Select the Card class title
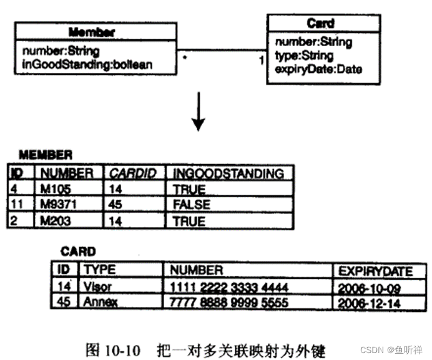click(320, 24)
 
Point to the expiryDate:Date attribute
click(318, 69)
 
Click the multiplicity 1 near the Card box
click(261, 61)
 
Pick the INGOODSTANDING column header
click(228, 173)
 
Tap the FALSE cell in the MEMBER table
click(192, 205)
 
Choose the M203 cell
click(55, 221)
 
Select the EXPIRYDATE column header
click(375, 271)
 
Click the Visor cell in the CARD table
click(98, 287)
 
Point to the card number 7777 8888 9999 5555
click(229, 303)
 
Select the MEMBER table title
click(45, 154)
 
